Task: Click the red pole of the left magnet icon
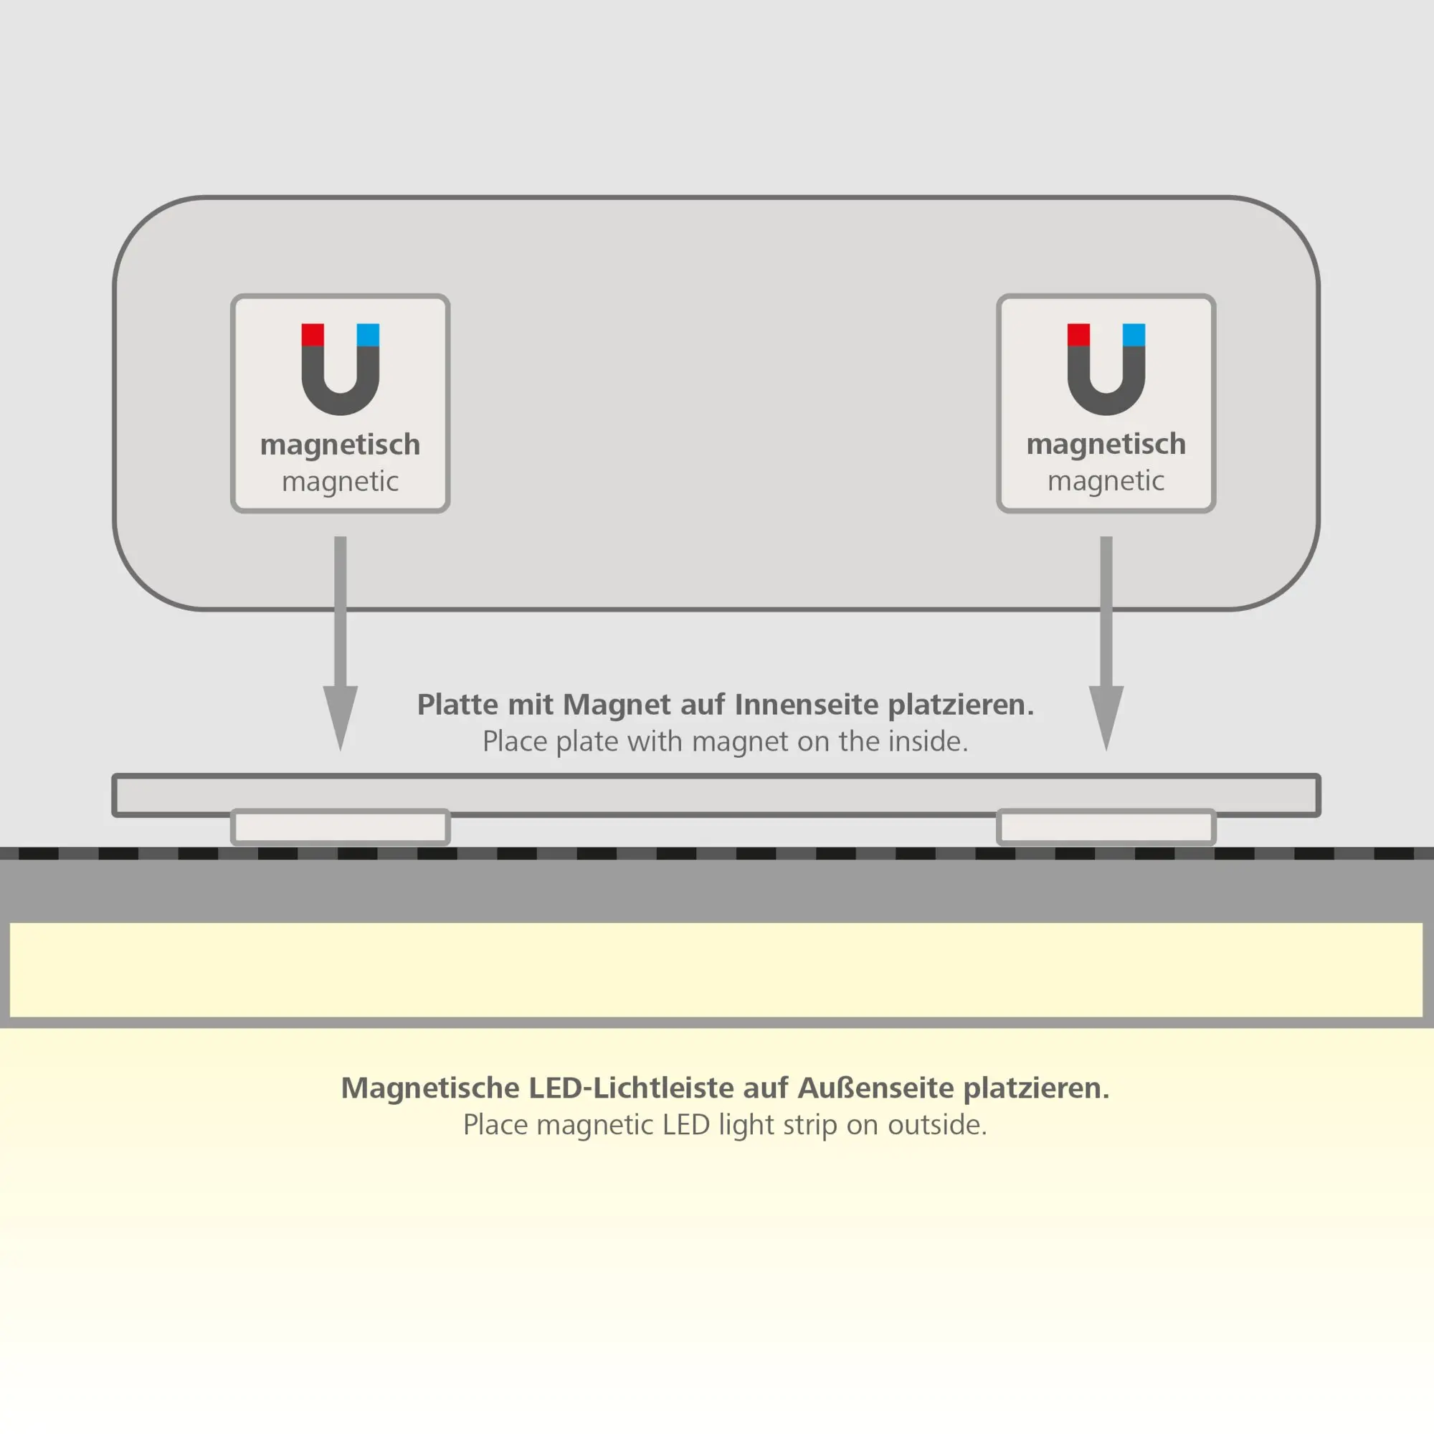coord(313,335)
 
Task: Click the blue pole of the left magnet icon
coord(367,335)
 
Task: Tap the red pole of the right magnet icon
coord(1078,335)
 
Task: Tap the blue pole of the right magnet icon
coord(1134,335)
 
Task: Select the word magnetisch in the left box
coord(340,445)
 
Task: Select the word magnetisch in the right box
coord(1106,445)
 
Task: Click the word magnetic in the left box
coord(340,482)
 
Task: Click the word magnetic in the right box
coord(1106,481)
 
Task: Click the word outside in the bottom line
coord(936,1125)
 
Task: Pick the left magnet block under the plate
coord(341,827)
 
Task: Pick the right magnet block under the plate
coord(1106,827)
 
